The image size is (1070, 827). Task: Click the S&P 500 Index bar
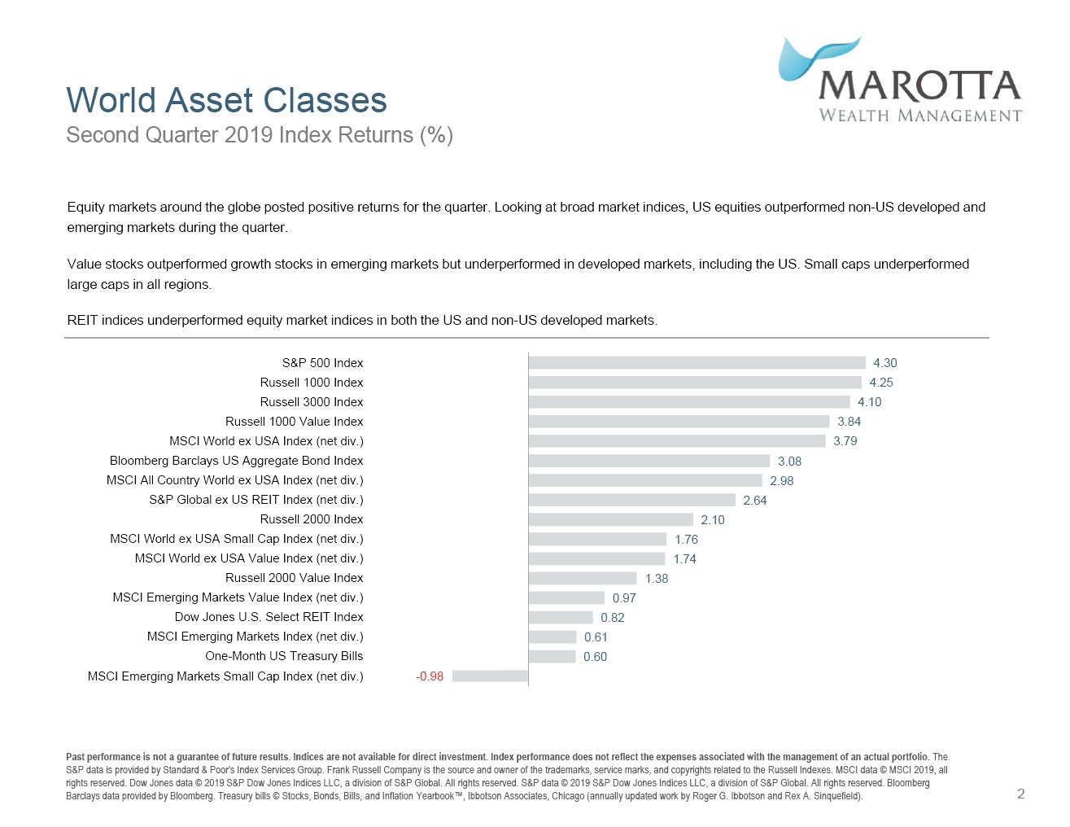(697, 363)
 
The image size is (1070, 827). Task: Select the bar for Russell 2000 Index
(610, 519)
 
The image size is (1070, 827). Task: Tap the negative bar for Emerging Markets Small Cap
(490, 676)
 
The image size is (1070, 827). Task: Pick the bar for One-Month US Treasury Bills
(552, 657)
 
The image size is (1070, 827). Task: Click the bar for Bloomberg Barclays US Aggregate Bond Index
(649, 461)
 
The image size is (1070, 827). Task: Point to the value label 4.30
(884, 363)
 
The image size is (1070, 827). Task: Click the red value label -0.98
(430, 676)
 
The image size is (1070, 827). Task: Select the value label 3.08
(789, 462)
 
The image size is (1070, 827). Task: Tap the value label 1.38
(656, 579)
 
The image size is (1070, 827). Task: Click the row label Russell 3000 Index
(311, 402)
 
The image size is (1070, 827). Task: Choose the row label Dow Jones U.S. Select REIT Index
(269, 617)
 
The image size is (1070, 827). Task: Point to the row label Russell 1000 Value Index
(294, 422)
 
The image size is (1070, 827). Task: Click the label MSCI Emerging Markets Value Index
(238, 597)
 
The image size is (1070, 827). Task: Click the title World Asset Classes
(226, 100)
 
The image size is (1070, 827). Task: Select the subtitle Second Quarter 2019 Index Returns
(259, 135)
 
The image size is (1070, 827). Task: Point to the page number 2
(1020, 794)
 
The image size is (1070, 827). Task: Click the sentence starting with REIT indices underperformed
(362, 321)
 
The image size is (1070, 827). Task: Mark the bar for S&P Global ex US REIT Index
(631, 500)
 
